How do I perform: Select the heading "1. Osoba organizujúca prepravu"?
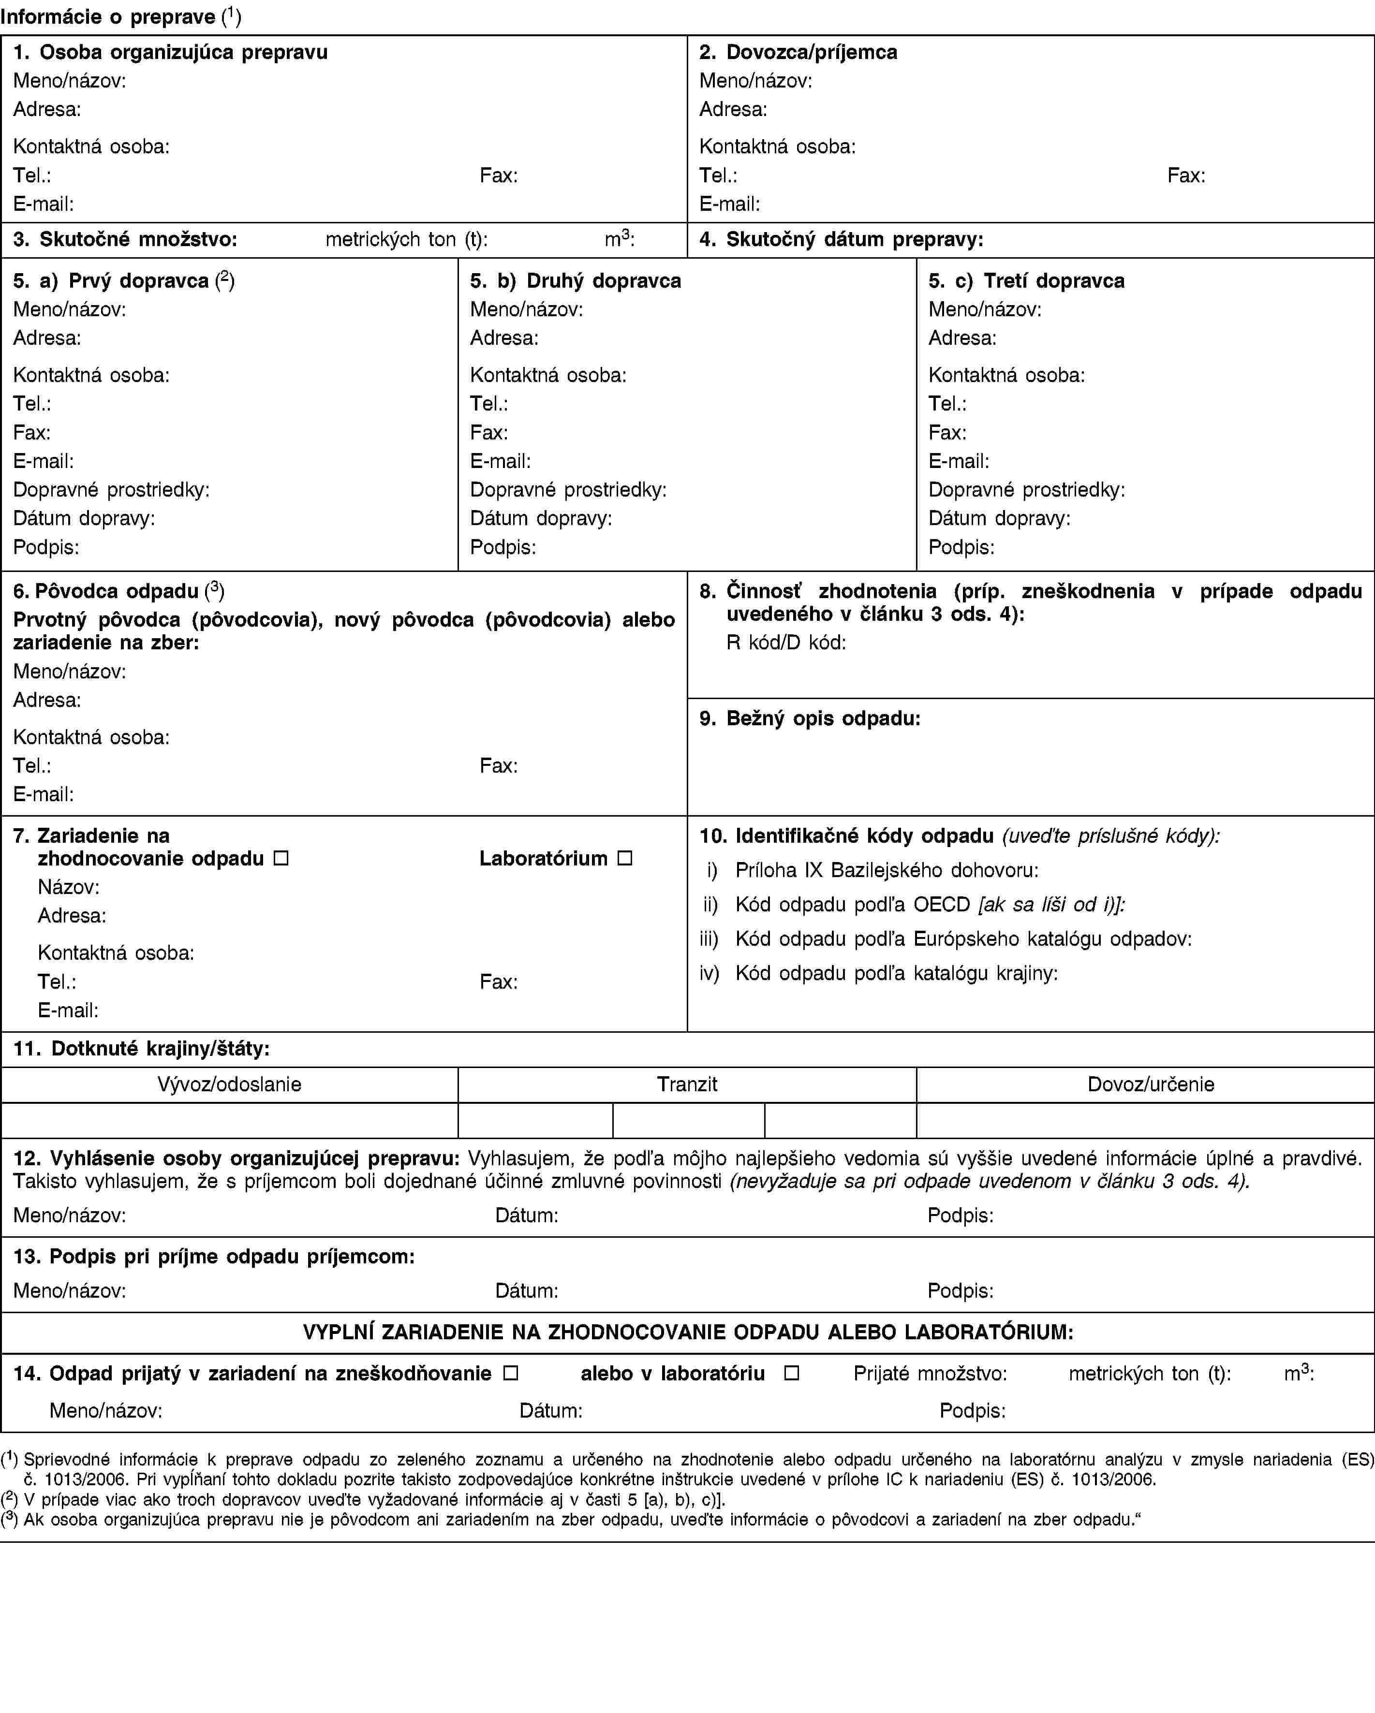point(171,52)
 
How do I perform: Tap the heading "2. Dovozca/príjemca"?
point(798,52)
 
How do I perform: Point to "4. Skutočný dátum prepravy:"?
point(841,239)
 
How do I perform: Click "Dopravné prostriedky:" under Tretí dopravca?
point(1026,489)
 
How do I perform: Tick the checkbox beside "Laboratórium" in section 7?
point(625,858)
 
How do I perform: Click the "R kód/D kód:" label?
point(785,642)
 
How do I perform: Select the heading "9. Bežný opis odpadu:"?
point(810,718)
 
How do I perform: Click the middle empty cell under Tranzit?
point(688,1120)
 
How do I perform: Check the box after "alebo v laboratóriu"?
point(791,1373)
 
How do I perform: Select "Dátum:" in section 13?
point(526,1291)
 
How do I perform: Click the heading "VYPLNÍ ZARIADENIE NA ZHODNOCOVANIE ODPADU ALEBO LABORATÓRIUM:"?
point(688,1332)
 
